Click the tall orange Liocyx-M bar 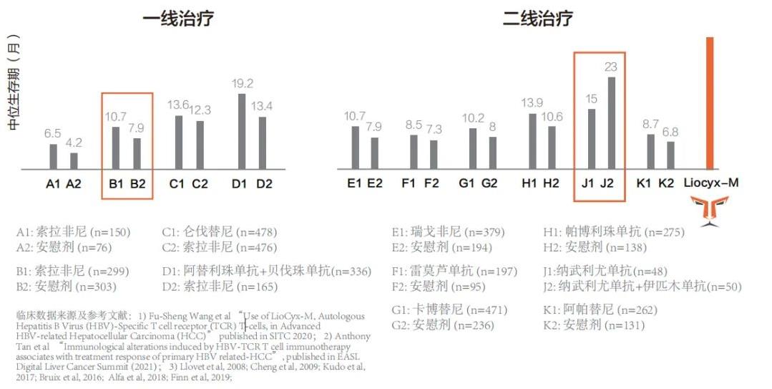pyautogui.click(x=710, y=103)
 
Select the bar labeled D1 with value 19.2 pyautogui.click(x=242, y=132)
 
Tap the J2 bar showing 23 pyautogui.click(x=611, y=123)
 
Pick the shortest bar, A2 pyautogui.click(x=74, y=161)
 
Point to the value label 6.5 pyautogui.click(x=53, y=134)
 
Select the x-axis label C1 pyautogui.click(x=177, y=183)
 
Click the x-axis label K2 pyautogui.click(x=666, y=183)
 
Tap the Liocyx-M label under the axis pyautogui.click(x=711, y=183)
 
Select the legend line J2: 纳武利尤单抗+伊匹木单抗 pyautogui.click(x=642, y=287)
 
